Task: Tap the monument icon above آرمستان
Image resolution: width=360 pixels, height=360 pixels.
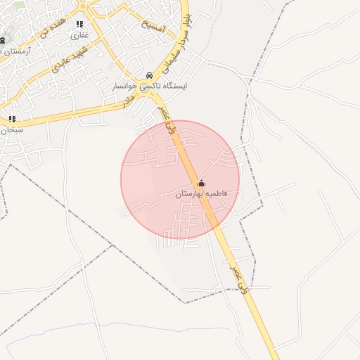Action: [2, 40]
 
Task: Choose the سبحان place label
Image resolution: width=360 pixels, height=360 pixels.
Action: [11, 131]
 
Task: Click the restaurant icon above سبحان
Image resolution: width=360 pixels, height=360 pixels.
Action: [11, 120]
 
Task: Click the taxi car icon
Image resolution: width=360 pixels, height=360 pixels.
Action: [149, 75]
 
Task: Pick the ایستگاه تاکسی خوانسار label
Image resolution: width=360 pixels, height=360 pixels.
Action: [140, 86]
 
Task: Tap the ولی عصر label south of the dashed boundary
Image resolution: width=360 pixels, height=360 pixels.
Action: [239, 279]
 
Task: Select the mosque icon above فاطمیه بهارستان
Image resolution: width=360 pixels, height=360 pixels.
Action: [202, 183]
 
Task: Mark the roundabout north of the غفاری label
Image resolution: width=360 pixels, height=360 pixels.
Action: [85, 6]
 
